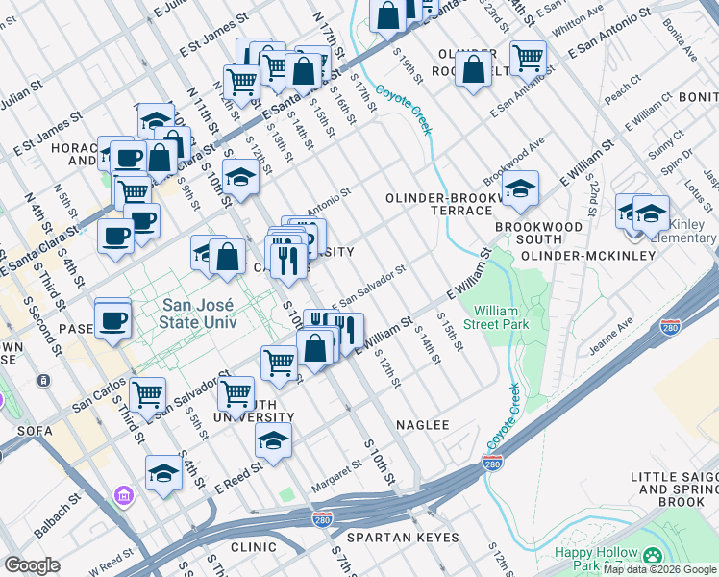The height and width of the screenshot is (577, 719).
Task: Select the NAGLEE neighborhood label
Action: pos(422,424)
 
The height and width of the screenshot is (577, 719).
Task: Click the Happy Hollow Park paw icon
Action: pos(653,556)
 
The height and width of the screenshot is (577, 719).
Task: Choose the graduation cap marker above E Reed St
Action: pos(273,439)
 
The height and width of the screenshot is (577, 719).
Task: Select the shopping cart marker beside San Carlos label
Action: pos(148,392)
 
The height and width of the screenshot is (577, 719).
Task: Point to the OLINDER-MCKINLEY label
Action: pos(587,256)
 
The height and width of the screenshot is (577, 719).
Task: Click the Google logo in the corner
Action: pos(32,565)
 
